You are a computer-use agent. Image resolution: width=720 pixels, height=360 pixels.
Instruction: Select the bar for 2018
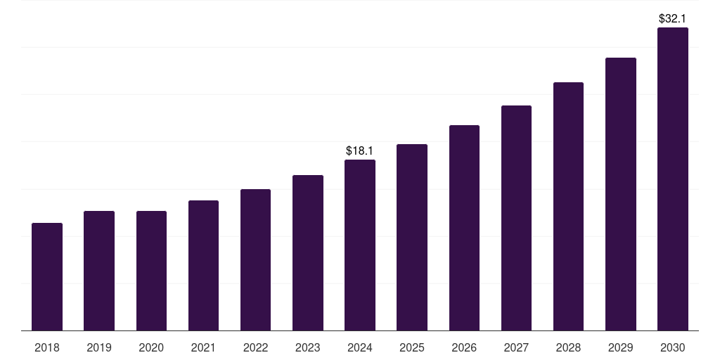tap(47, 277)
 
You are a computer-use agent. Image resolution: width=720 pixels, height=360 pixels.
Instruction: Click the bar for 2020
tap(151, 271)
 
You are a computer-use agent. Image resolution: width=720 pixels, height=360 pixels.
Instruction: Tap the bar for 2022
tap(255, 260)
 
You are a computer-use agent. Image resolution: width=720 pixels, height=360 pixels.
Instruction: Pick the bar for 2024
tap(360, 245)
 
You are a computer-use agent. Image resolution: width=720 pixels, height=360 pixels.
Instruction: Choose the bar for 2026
tap(464, 228)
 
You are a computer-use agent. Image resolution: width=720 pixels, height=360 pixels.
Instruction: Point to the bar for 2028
tap(568, 207)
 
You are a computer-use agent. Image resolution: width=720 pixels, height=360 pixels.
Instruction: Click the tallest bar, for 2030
tap(673, 179)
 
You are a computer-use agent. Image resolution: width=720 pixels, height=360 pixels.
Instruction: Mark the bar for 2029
tap(621, 194)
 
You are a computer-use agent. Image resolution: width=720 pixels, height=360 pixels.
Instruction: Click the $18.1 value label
tap(360, 150)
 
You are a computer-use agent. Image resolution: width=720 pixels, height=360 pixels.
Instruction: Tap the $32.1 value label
tap(673, 18)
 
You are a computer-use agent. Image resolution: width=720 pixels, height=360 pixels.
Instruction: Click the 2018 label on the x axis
tap(47, 347)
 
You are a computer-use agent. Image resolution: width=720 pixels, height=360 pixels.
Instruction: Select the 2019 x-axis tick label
tap(99, 347)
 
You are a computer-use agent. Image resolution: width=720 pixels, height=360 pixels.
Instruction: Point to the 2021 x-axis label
tap(203, 347)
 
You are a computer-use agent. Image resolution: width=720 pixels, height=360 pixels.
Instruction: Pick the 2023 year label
tap(308, 347)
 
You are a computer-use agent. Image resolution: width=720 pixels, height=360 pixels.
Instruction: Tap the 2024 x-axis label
tap(360, 347)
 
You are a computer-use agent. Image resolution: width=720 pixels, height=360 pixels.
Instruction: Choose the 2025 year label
tap(412, 347)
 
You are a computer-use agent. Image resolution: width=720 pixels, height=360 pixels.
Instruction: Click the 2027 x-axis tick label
tap(516, 347)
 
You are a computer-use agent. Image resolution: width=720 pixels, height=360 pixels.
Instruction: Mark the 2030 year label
tap(673, 347)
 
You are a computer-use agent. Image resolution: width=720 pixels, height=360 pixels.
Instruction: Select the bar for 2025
tap(412, 238)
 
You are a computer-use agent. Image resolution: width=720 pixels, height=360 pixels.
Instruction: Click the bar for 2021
tap(203, 266)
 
